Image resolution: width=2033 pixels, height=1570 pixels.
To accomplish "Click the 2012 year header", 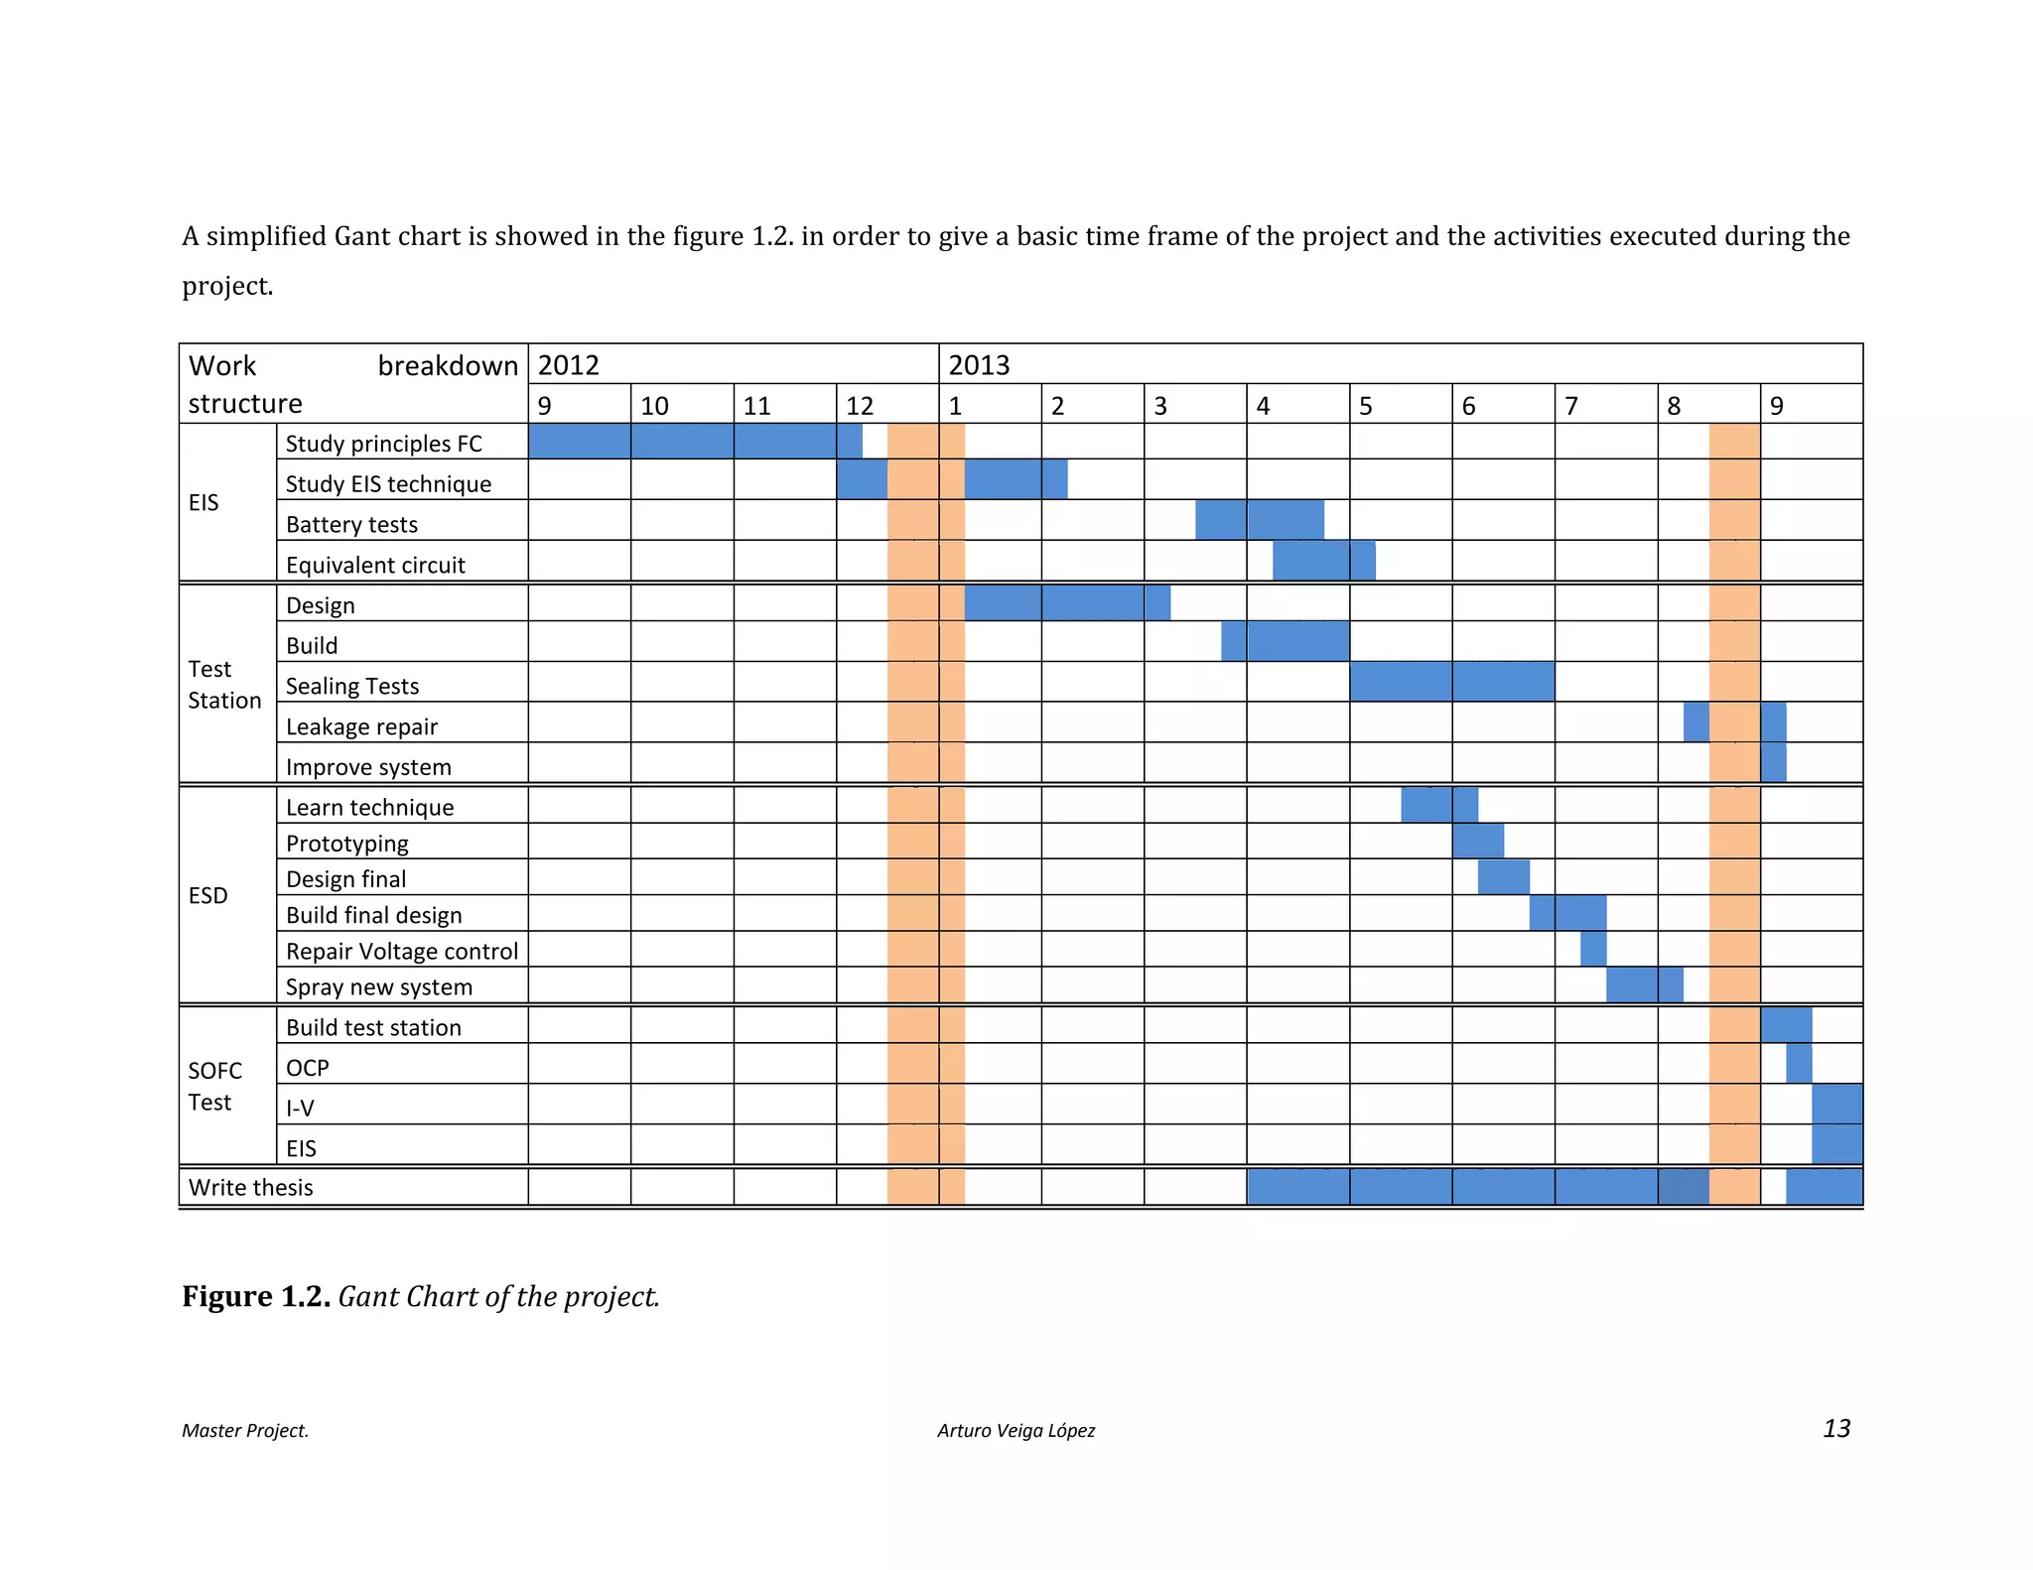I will click(568, 365).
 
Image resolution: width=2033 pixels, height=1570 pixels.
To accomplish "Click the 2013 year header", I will click(979, 365).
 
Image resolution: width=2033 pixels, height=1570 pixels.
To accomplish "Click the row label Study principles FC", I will click(383, 444).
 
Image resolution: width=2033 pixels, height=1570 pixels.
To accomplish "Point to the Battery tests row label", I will click(351, 524).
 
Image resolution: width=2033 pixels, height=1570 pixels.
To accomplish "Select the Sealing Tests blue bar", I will click(1451, 682).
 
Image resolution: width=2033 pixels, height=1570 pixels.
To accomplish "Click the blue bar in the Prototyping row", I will click(1477, 842).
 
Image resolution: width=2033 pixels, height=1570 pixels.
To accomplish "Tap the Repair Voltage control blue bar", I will click(1592, 949).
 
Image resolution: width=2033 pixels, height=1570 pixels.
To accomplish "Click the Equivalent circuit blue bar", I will click(1323, 561).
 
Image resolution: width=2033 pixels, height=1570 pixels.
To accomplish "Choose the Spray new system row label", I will click(378, 986).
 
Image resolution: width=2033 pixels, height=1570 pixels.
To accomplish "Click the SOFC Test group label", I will click(214, 1086).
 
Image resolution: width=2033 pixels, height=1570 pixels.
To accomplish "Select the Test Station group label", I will click(224, 684).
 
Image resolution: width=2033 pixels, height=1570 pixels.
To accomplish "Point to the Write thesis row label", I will click(250, 1187).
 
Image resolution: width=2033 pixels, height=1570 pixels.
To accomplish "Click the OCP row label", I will click(307, 1068).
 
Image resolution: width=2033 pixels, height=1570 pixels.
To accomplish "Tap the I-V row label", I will click(300, 1108).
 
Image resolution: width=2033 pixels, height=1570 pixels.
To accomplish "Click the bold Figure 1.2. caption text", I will click(255, 1296).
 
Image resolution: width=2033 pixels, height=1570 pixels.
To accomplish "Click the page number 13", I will click(1835, 1428).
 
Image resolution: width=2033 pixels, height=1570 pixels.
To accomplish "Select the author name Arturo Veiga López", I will click(1016, 1430).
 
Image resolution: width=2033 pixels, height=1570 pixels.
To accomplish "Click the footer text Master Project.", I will click(244, 1430).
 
